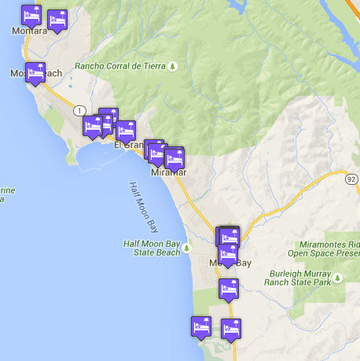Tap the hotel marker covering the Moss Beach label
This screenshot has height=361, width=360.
(35, 72)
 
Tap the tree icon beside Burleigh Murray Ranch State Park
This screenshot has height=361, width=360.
(338, 278)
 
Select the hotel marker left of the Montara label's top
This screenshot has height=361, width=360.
(31, 14)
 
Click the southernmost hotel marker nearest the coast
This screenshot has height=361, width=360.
(201, 325)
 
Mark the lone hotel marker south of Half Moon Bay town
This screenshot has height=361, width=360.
(229, 288)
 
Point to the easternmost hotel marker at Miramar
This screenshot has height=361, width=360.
(174, 156)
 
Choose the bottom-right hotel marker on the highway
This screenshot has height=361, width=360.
(231, 328)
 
